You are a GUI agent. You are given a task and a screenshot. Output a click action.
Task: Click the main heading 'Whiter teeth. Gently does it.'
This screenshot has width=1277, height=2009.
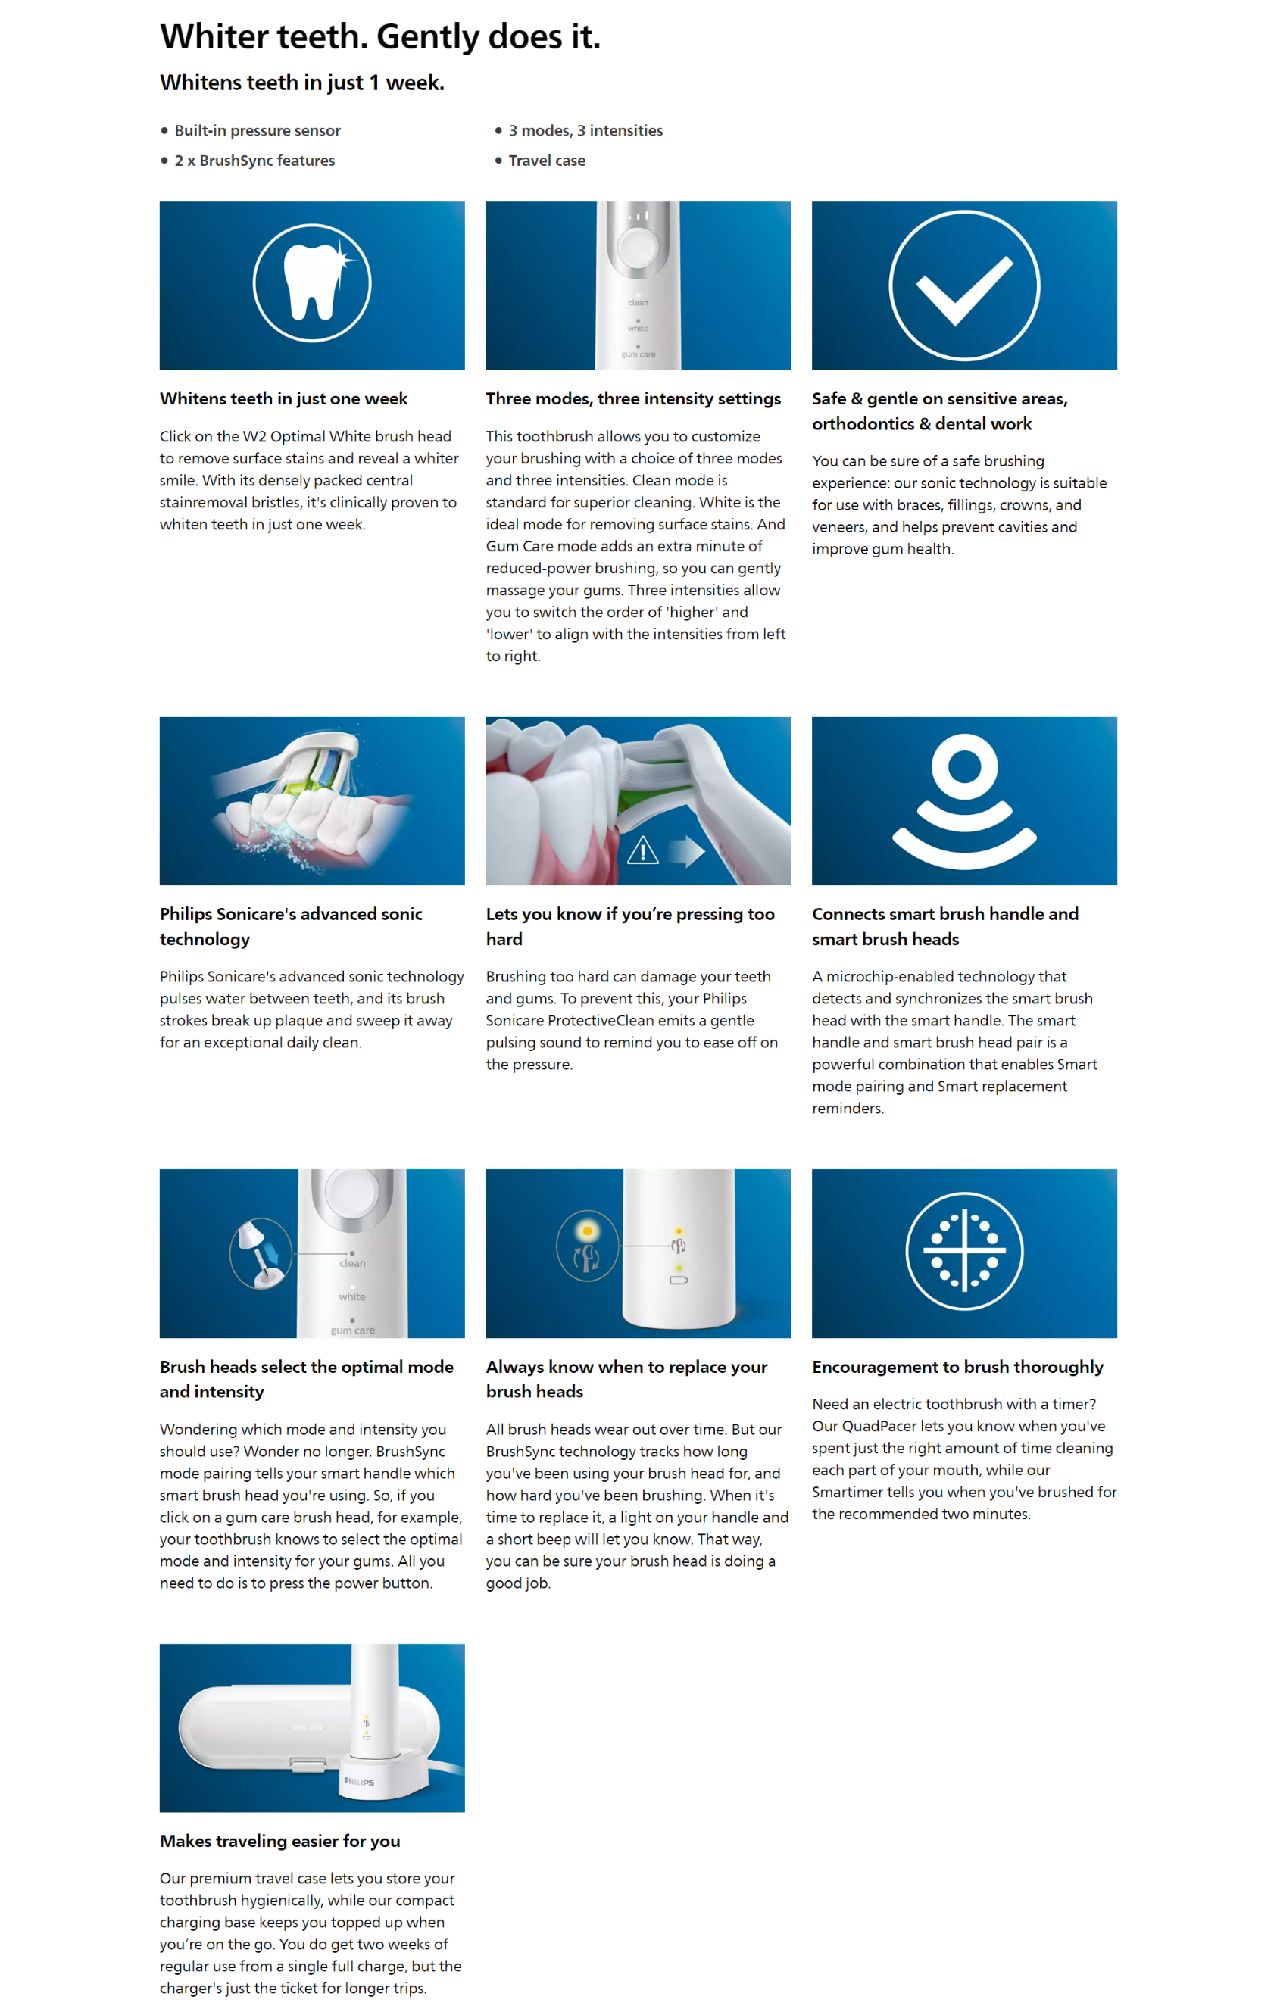[x=379, y=36]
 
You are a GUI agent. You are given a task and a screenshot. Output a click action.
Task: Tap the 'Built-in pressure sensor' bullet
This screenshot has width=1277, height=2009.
[x=257, y=130]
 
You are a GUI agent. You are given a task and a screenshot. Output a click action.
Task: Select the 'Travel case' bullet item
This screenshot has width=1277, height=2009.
[x=547, y=161]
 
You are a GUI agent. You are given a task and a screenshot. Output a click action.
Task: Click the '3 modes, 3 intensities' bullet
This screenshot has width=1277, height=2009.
[x=585, y=130]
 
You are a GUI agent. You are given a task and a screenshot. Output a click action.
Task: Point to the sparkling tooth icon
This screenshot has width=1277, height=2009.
[x=312, y=282]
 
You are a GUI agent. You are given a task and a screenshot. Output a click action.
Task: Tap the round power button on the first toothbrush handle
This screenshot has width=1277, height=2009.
[x=638, y=246]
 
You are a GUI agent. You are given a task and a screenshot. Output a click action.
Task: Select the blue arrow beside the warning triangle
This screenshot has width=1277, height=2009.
[x=687, y=851]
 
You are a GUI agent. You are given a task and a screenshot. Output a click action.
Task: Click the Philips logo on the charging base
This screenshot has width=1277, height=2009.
[x=360, y=1781]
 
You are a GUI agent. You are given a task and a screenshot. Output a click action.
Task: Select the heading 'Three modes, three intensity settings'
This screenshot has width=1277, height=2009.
[x=633, y=399]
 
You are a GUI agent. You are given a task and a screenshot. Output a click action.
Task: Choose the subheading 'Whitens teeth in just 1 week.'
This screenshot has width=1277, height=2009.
[x=302, y=83]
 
